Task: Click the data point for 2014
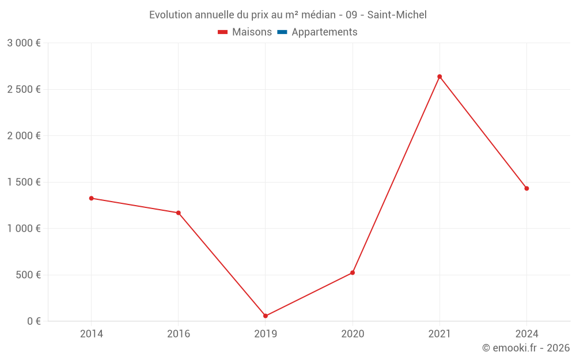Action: click(91, 198)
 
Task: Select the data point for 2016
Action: click(179, 213)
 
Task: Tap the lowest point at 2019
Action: click(266, 316)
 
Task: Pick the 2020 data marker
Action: click(353, 272)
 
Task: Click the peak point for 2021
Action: click(439, 77)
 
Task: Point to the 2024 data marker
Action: click(526, 188)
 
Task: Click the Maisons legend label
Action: click(252, 32)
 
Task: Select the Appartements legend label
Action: click(324, 32)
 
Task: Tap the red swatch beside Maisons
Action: click(223, 32)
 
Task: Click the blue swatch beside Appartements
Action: click(282, 32)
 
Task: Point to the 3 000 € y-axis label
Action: click(24, 43)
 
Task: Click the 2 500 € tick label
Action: click(24, 89)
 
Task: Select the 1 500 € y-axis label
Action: click(24, 182)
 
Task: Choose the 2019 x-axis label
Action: click(266, 334)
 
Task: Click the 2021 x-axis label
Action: click(439, 334)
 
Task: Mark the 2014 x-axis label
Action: click(91, 334)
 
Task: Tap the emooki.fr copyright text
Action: click(526, 348)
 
